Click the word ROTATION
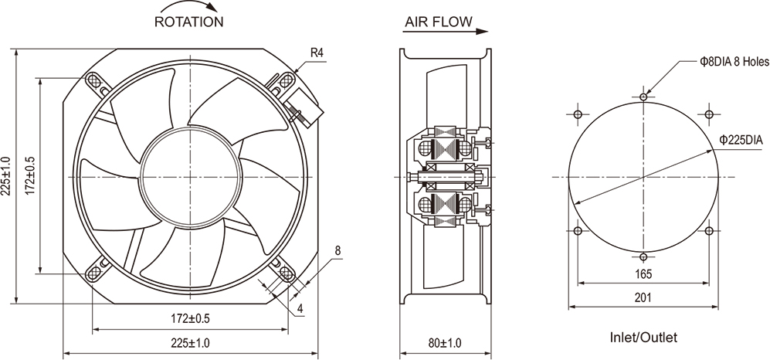pyautogui.click(x=189, y=22)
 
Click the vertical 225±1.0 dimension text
pyautogui.click(x=7, y=178)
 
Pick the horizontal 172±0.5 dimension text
pyautogui.click(x=189, y=318)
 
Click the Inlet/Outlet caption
pyautogui.click(x=643, y=338)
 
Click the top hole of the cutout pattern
pyautogui.click(x=644, y=97)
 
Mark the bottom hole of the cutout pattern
pyautogui.click(x=644, y=256)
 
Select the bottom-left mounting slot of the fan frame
pyautogui.click(x=94, y=273)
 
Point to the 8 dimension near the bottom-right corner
pyautogui.click(x=338, y=250)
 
